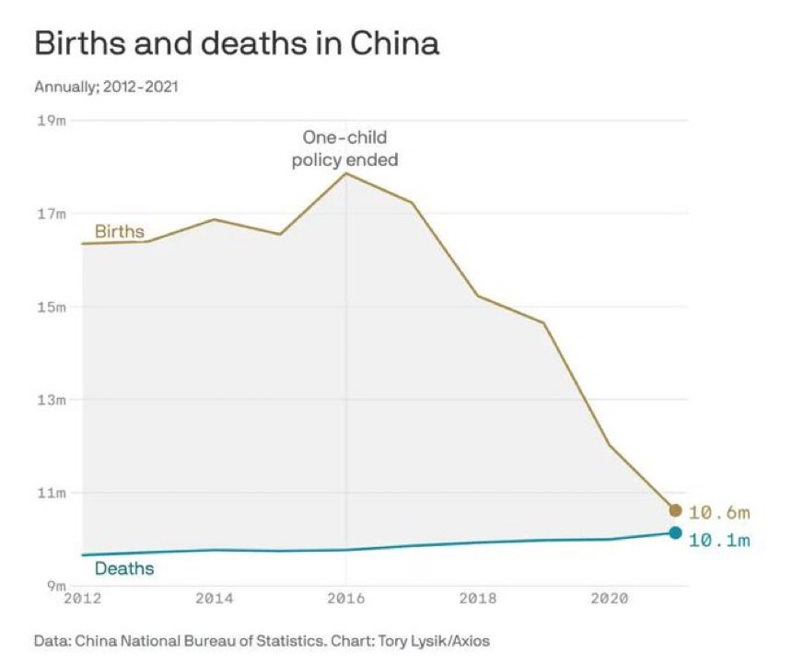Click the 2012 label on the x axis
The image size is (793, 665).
click(x=82, y=598)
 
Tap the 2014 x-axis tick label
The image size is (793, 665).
click(x=214, y=598)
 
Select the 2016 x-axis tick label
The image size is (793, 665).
click(x=346, y=598)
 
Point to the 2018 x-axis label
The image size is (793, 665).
click(x=478, y=598)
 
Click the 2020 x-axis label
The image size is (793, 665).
click(x=610, y=598)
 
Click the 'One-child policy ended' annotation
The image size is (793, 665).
click(x=345, y=148)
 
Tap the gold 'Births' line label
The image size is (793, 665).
click(x=120, y=231)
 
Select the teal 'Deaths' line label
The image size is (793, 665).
click(x=124, y=568)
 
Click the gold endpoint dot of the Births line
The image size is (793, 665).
click(x=675, y=510)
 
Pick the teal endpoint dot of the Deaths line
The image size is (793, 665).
click(x=675, y=532)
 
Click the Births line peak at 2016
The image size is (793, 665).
click(x=346, y=173)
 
